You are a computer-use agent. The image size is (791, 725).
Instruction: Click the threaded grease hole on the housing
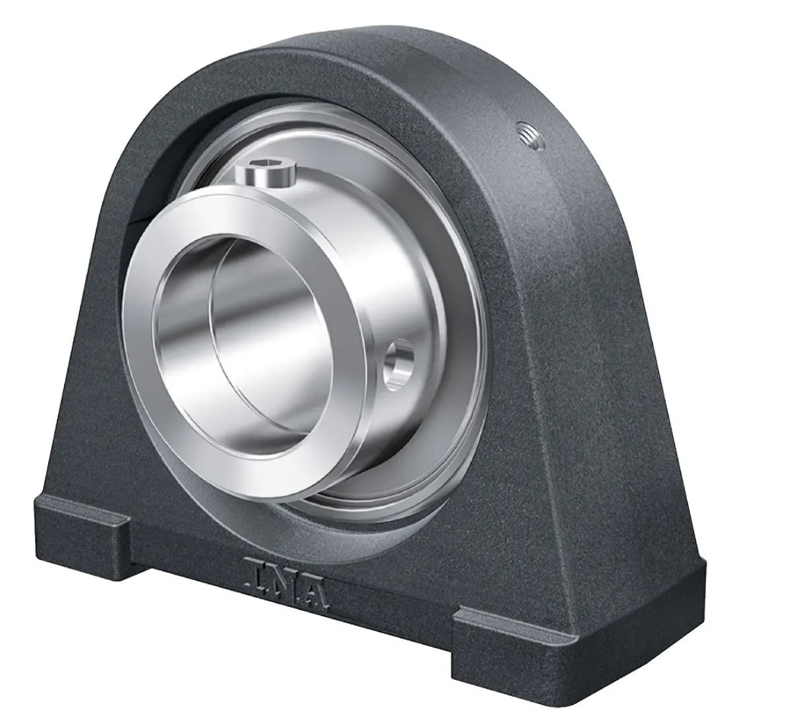pos(531,135)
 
